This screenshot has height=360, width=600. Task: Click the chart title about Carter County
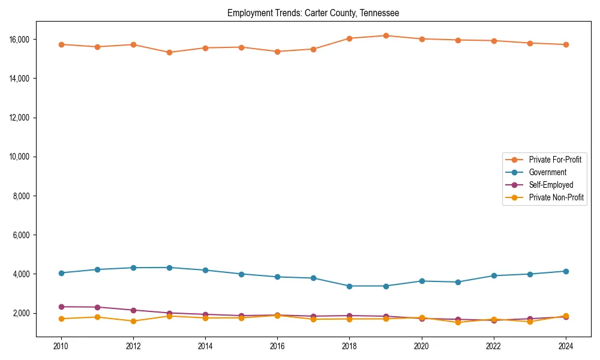pyautogui.click(x=313, y=13)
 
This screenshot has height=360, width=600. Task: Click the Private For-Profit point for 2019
pyautogui.click(x=386, y=35)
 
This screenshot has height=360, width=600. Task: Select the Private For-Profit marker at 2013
pyautogui.click(x=169, y=52)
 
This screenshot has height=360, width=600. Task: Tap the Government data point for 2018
pyautogui.click(x=350, y=286)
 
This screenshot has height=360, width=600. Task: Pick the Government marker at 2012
pyautogui.click(x=133, y=268)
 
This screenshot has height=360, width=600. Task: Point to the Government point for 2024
pyautogui.click(x=566, y=271)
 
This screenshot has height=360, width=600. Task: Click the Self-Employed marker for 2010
pyautogui.click(x=61, y=307)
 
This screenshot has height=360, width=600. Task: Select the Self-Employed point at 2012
pyautogui.click(x=133, y=310)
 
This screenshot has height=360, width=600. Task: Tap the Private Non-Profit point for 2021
pyautogui.click(x=458, y=322)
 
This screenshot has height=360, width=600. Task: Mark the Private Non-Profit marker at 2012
pyautogui.click(x=133, y=321)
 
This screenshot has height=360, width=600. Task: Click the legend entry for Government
pyautogui.click(x=547, y=172)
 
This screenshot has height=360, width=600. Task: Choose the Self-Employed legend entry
pyautogui.click(x=551, y=185)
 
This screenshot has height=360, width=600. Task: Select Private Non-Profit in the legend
pyautogui.click(x=556, y=197)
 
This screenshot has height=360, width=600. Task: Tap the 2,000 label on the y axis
pyautogui.click(x=23, y=313)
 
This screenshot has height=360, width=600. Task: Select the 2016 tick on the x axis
pyautogui.click(x=277, y=346)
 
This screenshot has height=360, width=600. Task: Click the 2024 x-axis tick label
pyautogui.click(x=566, y=346)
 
